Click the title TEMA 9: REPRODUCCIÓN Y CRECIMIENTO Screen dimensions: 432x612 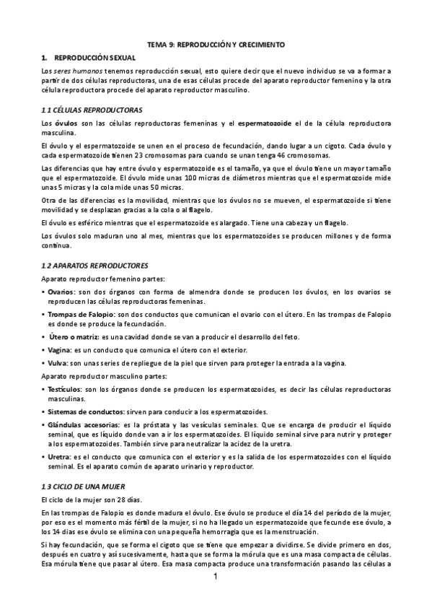[x=216, y=45]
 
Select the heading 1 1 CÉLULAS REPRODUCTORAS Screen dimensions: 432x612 [x=92, y=110]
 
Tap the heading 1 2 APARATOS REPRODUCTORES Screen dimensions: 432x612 [x=94, y=265]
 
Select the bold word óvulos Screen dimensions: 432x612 [x=67, y=125]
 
